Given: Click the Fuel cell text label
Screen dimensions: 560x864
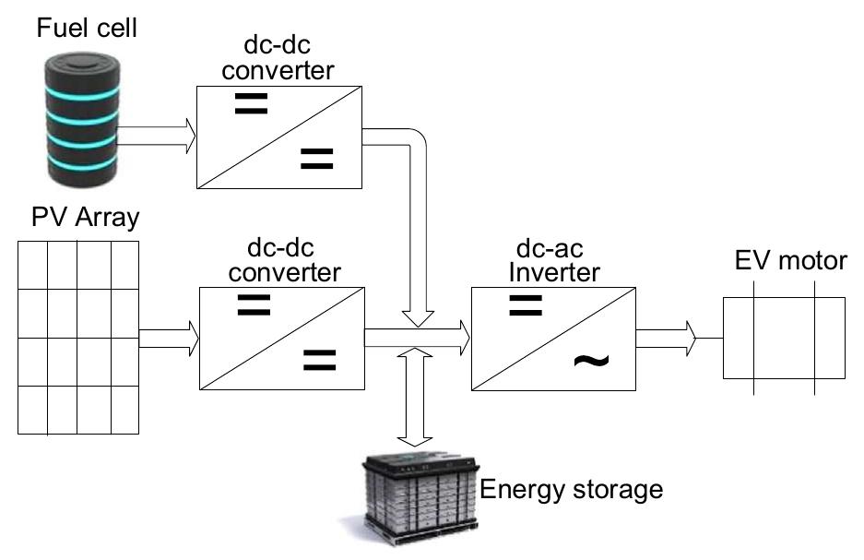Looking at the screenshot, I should (x=88, y=28).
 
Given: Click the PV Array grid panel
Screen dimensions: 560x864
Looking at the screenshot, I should (x=78, y=338).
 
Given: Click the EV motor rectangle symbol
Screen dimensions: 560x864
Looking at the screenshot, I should (x=784, y=338).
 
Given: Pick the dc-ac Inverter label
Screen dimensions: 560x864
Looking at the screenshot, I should (x=551, y=262).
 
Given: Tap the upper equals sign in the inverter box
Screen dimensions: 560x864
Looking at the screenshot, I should (x=526, y=306).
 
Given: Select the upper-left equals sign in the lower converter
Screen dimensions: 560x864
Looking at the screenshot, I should (x=254, y=306).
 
